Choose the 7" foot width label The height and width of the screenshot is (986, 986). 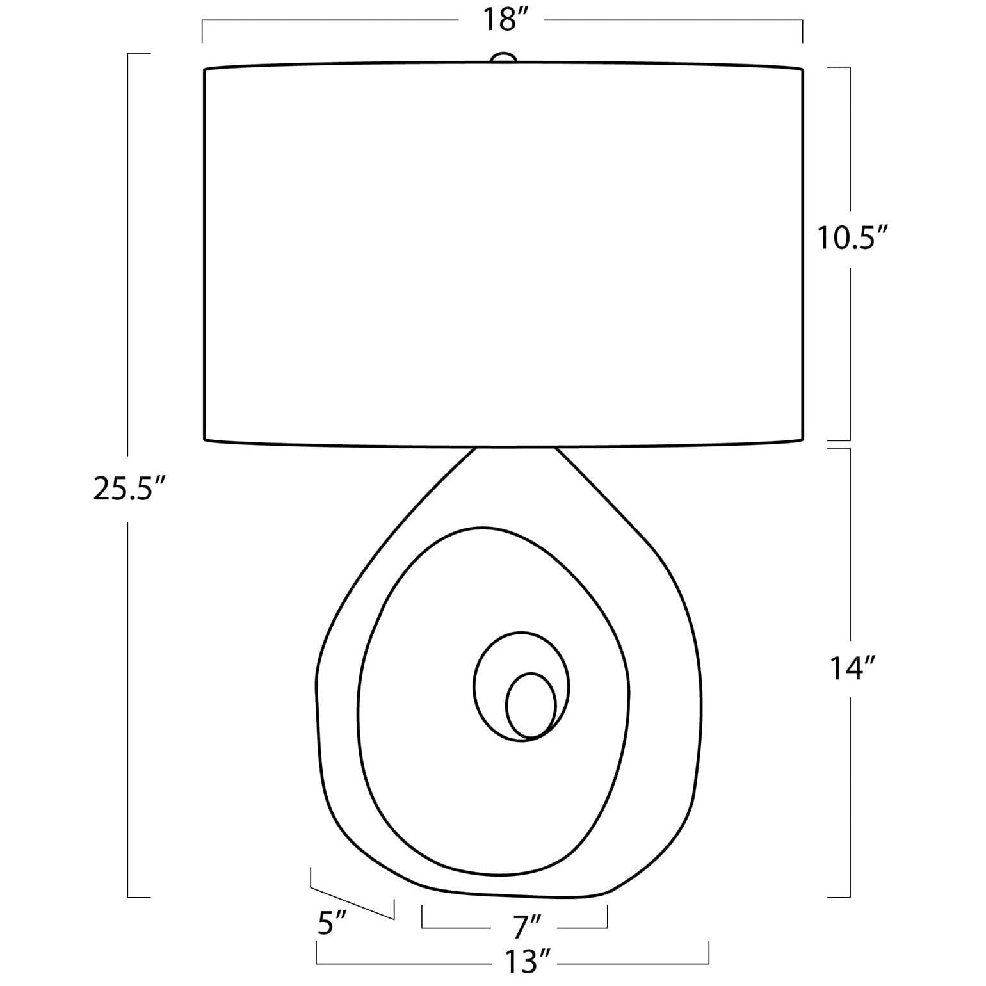coord(527,926)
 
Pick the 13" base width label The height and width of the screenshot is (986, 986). coord(528,960)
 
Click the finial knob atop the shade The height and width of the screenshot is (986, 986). coord(503,58)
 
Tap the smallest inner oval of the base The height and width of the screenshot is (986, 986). coord(531,705)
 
